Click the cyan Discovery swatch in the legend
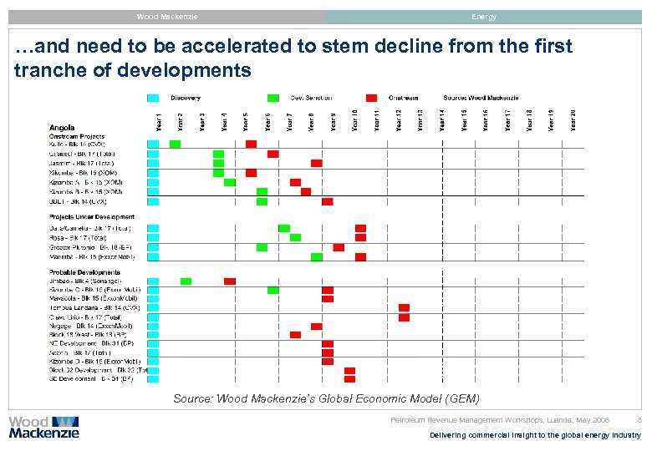153,98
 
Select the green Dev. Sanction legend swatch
273,98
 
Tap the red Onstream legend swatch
371,98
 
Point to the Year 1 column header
159,122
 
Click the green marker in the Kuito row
175,144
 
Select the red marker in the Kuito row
251,144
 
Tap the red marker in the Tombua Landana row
404,308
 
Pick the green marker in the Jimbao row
186,281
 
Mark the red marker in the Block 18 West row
295,335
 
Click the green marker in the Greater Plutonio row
262,247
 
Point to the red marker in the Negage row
316,327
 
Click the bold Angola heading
62,127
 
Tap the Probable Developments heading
84,271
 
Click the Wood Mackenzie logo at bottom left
43,427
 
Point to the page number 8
639,420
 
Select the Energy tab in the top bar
483,17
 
